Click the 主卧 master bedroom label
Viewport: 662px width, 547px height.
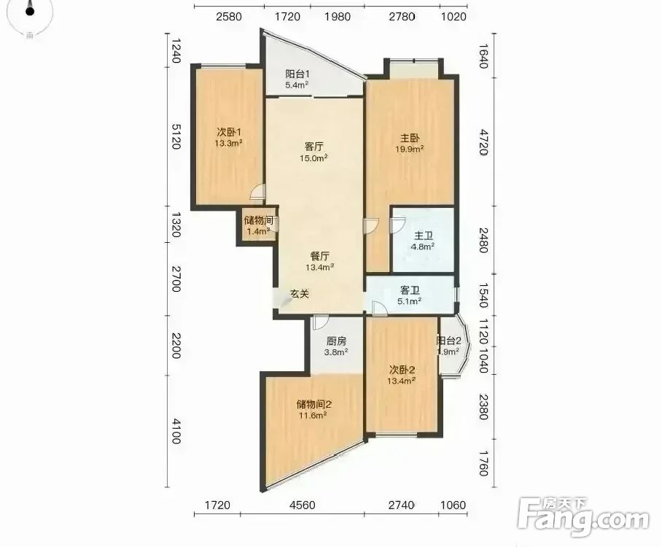tap(410, 138)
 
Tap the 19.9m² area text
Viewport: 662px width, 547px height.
tap(410, 149)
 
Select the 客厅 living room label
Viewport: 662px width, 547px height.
tap(314, 147)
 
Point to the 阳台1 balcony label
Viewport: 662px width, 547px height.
tap(297, 74)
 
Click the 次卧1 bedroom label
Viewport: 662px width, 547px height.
tap(228, 132)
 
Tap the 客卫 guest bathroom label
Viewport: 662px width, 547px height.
tap(410, 290)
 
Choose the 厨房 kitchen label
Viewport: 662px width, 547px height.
tap(336, 341)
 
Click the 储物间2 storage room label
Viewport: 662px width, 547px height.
tap(314, 404)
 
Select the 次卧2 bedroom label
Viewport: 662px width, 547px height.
tap(402, 370)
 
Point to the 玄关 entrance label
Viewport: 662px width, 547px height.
tap(300, 294)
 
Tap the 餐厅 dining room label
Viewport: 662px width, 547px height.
tap(319, 256)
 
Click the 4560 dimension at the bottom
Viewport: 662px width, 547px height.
tap(303, 505)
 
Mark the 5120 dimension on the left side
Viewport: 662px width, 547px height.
tap(176, 136)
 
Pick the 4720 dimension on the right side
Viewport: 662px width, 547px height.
tap(484, 142)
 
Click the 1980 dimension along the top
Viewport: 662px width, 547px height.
tap(338, 17)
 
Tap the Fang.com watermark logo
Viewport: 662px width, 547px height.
tap(583, 517)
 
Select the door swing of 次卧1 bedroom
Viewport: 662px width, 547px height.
tap(257, 192)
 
